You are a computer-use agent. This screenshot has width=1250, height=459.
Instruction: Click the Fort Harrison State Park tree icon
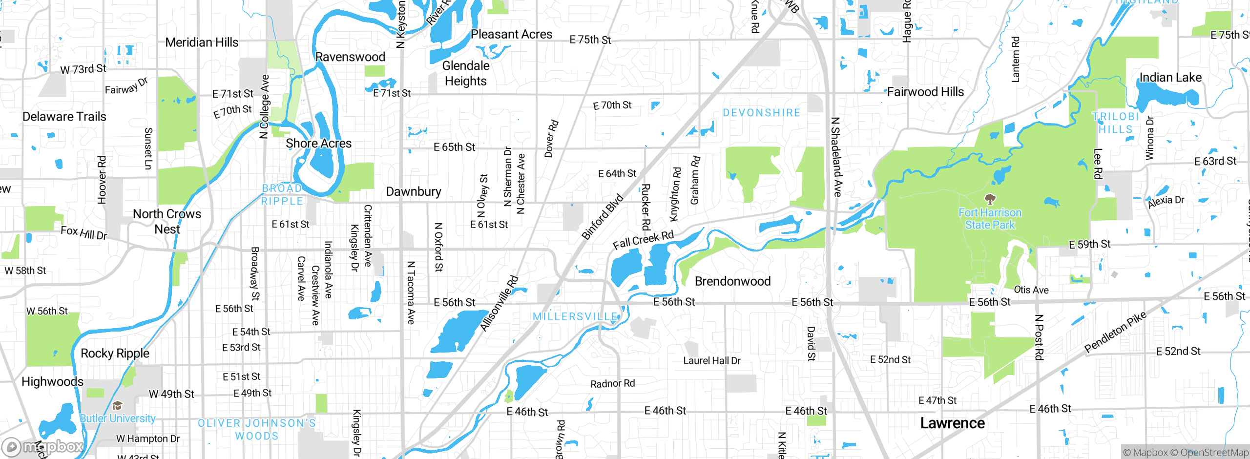coord(990,199)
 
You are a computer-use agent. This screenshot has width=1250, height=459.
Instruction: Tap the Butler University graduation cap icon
coord(117,406)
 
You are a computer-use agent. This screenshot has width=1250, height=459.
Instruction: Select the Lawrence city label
coord(952,423)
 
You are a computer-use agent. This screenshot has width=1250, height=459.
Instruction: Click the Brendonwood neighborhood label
coord(732,281)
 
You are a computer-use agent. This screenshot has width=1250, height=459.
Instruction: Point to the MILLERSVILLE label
coord(575,316)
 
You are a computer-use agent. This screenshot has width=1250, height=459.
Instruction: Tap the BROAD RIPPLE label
coord(282,195)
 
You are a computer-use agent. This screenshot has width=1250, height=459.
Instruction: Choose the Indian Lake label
coord(1170,78)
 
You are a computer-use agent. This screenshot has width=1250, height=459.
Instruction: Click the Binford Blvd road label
coord(602,217)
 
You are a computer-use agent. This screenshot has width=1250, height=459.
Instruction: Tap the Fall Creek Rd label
coord(643,240)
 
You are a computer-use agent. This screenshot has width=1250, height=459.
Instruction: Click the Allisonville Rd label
coord(499,303)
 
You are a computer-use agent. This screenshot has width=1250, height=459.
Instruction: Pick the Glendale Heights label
coord(465,73)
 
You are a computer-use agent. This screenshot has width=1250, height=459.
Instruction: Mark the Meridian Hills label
coord(202,42)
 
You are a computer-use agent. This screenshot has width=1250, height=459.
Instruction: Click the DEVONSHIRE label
coord(761,113)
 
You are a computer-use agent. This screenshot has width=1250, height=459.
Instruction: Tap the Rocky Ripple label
coord(115,353)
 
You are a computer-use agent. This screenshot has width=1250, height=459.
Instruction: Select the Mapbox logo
coord(43,446)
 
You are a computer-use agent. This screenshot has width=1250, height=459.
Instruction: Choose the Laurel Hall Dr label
coord(711,360)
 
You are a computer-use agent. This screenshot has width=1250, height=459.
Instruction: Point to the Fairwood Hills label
coord(925,92)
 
